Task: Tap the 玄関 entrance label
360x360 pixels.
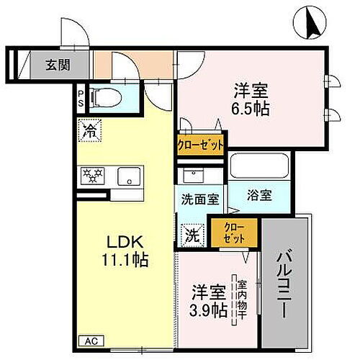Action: [x=59, y=64]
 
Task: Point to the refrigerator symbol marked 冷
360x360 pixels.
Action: [x=90, y=130]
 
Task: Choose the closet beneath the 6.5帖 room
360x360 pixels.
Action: [x=201, y=143]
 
